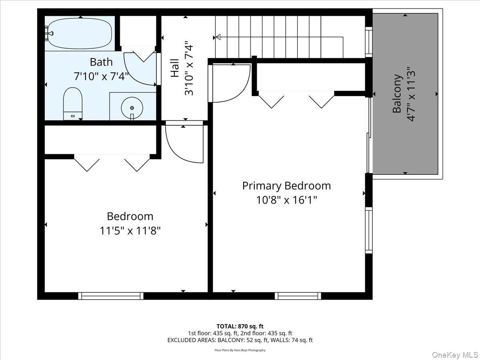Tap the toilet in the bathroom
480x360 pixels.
point(72,103)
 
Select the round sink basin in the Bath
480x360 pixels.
point(132,108)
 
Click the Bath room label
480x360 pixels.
point(101,62)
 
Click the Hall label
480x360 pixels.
point(175,68)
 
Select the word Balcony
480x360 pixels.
point(397,94)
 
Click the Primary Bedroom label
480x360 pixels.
point(286,186)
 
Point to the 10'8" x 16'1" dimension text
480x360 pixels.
point(286,200)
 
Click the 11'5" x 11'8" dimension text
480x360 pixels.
point(130,231)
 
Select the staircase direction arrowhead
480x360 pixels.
point(218,37)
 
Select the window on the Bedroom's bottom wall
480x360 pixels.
point(111,296)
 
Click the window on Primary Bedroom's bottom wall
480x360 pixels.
point(298,296)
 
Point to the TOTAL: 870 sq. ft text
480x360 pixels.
point(240,326)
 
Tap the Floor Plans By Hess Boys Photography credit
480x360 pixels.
point(240,350)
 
